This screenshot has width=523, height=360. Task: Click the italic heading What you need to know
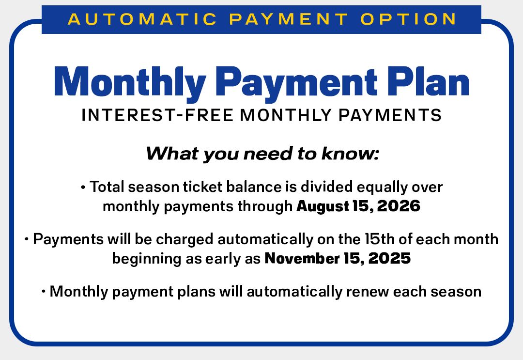261,154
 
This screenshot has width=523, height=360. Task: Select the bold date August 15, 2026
358,206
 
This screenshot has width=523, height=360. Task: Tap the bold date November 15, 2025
338,259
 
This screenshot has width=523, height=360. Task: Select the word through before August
265,206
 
